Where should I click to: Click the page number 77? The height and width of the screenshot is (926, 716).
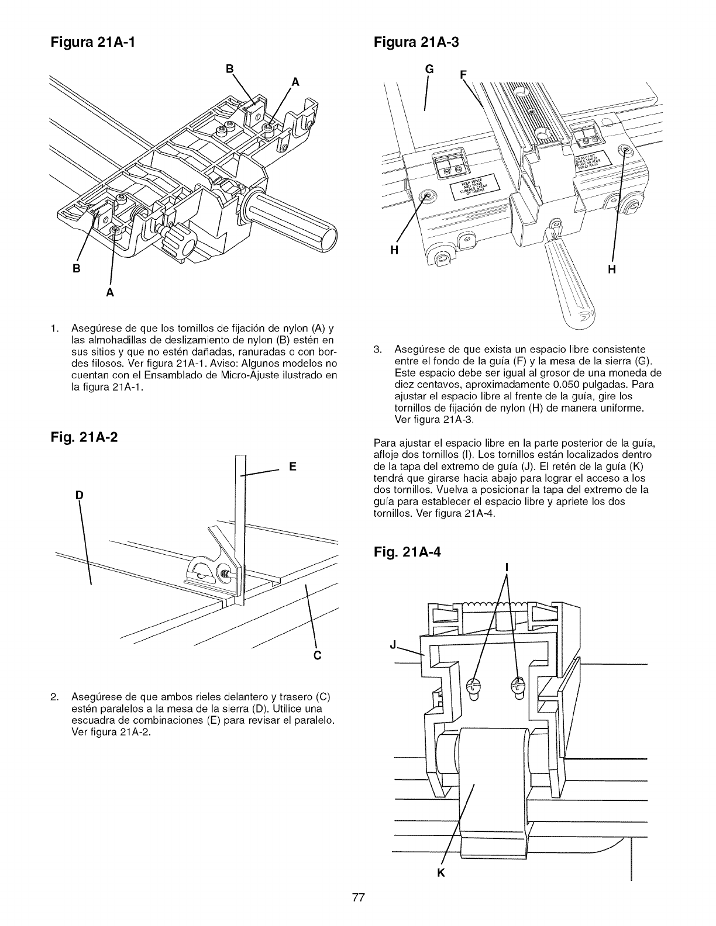[x=358, y=899]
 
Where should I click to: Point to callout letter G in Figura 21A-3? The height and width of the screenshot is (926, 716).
[x=429, y=69]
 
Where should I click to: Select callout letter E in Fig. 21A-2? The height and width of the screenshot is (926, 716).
[x=292, y=467]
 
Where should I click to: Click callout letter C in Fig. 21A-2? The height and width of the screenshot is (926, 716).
[x=318, y=654]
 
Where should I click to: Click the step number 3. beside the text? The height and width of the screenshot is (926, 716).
[x=377, y=350]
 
